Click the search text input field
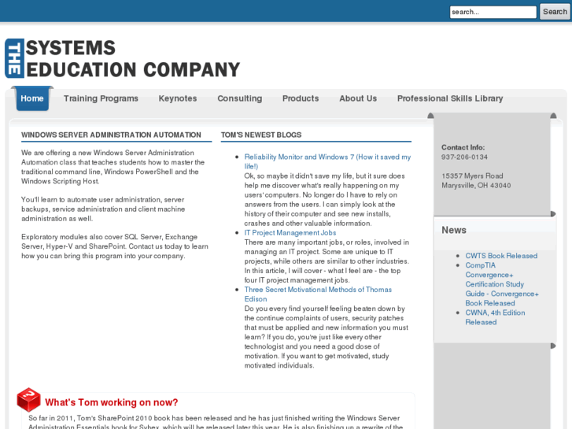pos(493,12)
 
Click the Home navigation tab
pos(32,98)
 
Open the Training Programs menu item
pos(101,98)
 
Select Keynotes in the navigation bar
pos(178,98)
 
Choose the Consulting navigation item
pos(239,98)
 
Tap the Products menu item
pos(301,98)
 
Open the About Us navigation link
pos(358,98)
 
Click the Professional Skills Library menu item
pos(450,98)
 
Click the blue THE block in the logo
pos(13,59)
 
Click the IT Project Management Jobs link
pos(290,233)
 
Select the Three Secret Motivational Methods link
pos(318,290)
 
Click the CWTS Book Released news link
pos(501,256)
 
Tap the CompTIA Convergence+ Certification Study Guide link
pos(501,284)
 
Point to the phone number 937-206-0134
pos(464,157)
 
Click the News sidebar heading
pos(454,230)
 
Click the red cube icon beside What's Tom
pos(28,399)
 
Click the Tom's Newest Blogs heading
pos(261,135)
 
